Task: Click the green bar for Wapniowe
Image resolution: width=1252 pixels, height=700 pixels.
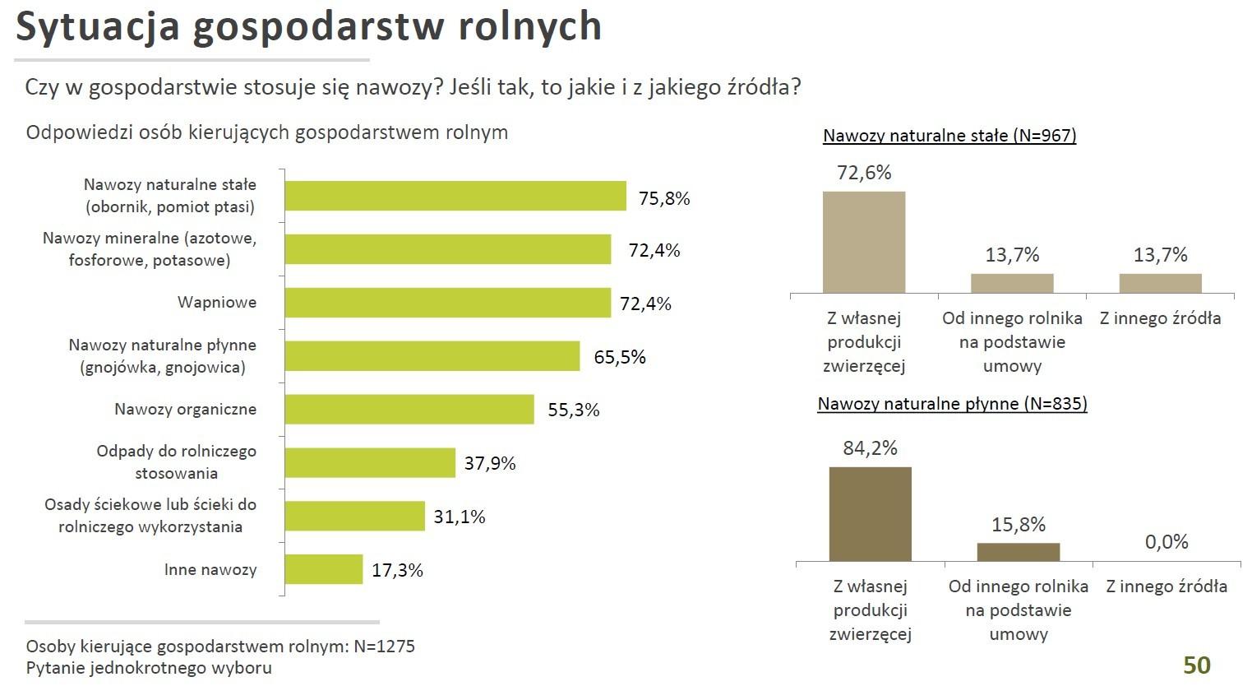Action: click(448, 303)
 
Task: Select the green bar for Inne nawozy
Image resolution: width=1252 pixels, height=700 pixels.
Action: click(324, 569)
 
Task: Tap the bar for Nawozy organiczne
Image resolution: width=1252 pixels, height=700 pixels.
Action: click(409, 409)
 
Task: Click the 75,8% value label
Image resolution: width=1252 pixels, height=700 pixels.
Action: click(664, 198)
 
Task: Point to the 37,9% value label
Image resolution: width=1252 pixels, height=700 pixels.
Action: click(490, 463)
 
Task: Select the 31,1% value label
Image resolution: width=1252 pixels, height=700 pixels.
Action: click(460, 517)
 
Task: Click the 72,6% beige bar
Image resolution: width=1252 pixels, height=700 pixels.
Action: click(864, 242)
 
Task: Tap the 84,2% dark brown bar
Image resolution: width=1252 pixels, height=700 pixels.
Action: click(870, 514)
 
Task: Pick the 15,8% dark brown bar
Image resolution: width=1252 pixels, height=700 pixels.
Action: click(1019, 552)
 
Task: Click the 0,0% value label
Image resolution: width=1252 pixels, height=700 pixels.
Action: click(1167, 542)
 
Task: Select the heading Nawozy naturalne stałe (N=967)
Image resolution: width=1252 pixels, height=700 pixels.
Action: click(949, 136)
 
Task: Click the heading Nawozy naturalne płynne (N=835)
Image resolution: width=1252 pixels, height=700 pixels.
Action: click(952, 404)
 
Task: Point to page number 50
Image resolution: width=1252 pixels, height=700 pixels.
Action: click(1197, 665)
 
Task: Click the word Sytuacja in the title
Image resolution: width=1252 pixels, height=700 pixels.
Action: click(98, 26)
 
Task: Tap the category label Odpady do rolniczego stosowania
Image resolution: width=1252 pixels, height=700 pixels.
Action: click(176, 461)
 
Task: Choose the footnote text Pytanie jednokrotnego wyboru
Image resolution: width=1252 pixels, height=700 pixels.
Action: click(149, 667)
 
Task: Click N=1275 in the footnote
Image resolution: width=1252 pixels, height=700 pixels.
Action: click(384, 646)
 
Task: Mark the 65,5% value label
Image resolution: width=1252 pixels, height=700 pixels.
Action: click(620, 357)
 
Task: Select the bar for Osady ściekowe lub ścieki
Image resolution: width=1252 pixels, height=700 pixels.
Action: click(355, 516)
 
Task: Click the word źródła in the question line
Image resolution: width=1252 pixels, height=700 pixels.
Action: click(754, 87)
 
